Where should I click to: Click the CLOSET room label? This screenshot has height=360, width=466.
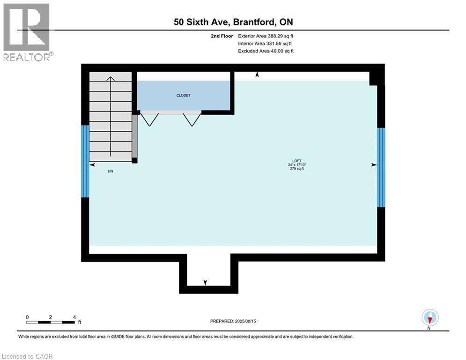(183, 96)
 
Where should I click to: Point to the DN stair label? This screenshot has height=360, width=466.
(110, 172)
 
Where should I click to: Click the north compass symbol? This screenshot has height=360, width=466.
(429, 318)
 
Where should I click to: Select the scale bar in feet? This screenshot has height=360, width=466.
(51, 322)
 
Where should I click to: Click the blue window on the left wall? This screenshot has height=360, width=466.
(85, 161)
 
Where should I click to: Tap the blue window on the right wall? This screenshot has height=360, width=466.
(381, 167)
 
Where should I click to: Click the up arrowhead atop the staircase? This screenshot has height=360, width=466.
(111, 78)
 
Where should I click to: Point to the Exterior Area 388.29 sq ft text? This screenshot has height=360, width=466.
(266, 36)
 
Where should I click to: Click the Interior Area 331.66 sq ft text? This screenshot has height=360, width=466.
(266, 44)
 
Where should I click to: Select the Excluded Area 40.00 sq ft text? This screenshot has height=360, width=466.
(266, 51)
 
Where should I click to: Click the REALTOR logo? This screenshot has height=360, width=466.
(27, 32)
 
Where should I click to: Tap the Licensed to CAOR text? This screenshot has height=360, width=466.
(28, 356)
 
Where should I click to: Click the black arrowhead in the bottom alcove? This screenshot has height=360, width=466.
(205, 282)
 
